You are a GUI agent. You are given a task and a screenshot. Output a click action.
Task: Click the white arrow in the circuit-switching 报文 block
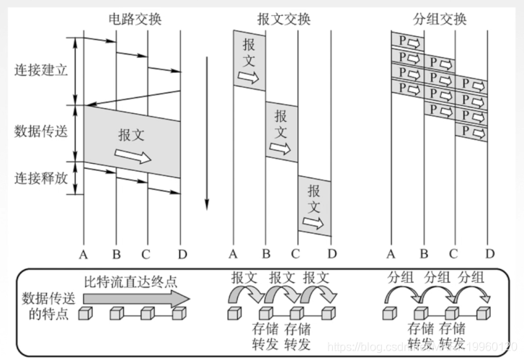pos(134,157)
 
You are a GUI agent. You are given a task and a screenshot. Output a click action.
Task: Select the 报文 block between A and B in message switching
pos(249,61)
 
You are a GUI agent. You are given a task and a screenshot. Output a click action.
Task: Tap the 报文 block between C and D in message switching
pos(315,208)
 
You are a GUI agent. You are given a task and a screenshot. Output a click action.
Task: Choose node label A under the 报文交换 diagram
pos(233,253)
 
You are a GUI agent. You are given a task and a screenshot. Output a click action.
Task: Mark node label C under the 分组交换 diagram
pos(453,253)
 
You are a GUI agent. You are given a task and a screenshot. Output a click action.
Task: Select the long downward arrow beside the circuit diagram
pos(207,130)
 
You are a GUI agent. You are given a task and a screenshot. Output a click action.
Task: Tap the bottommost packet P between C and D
pos(471,131)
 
